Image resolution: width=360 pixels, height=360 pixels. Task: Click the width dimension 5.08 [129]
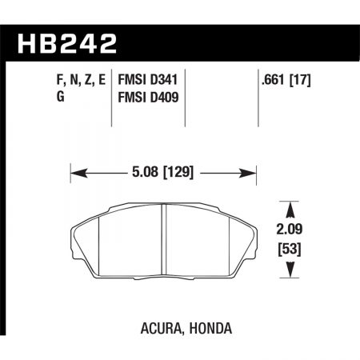(163, 170)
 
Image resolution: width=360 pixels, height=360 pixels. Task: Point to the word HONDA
(197, 327)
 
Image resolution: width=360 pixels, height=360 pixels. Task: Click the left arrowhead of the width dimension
(75, 170)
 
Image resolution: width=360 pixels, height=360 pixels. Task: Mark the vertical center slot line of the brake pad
(163, 240)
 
